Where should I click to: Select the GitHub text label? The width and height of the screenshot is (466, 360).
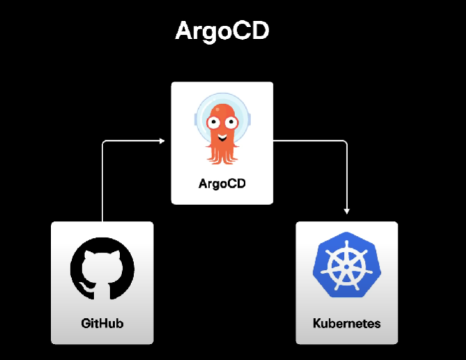click(x=102, y=324)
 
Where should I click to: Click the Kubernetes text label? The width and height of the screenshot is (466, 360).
click(x=347, y=324)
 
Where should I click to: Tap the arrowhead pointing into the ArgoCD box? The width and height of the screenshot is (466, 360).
click(x=163, y=142)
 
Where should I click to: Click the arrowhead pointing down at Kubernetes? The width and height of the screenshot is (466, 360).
click(x=347, y=211)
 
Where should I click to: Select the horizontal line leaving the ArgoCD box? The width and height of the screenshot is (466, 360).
click(x=307, y=142)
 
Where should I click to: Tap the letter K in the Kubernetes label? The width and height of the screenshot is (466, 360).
click(x=317, y=324)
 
